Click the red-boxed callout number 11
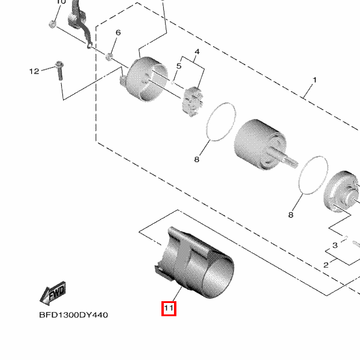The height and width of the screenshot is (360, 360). pos(169,308)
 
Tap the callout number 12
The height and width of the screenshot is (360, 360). pos(34,71)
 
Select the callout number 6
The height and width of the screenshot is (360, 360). pos(118,32)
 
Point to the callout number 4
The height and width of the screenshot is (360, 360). pos(197,52)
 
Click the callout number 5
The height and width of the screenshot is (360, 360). pos(179,66)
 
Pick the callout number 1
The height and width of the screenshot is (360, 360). pos(315,80)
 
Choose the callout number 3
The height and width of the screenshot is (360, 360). pos(335,245)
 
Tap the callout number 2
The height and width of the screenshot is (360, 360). pos(326,265)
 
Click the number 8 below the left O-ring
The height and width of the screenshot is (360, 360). pos(197,160)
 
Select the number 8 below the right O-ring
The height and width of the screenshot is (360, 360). pos(290,215)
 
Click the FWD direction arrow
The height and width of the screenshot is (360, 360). pos(53,293)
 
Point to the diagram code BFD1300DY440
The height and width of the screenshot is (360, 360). pos(73,315)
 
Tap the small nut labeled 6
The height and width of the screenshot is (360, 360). pos(109,56)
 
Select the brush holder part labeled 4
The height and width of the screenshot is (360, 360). pos(193,102)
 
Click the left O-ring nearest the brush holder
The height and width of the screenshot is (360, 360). pos(221,122)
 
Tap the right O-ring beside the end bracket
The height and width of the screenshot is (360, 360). pos(313,175)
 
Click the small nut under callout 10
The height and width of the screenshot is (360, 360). pos(53,24)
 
